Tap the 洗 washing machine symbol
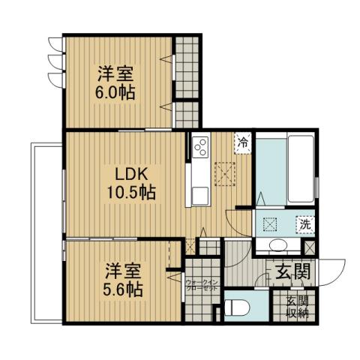click(x=306, y=223)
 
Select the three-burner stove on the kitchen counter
click(x=200, y=148)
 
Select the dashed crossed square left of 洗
click(x=269, y=222)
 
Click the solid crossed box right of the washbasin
click(x=308, y=245)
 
